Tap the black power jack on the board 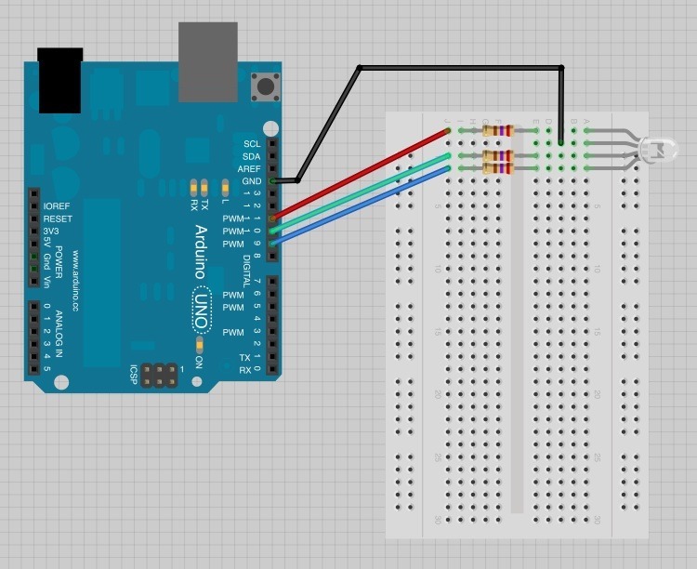pyautogui.click(x=60, y=80)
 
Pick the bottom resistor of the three pyautogui.click(x=498, y=168)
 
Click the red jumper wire pyautogui.click(x=362, y=175)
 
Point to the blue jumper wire pyautogui.click(x=362, y=205)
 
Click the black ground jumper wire pyautogui.click(x=460, y=67)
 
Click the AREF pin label pyautogui.click(x=250, y=168)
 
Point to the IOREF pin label pyautogui.click(x=58, y=206)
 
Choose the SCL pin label pyautogui.click(x=252, y=144)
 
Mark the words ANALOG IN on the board pyautogui.click(x=58, y=335)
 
